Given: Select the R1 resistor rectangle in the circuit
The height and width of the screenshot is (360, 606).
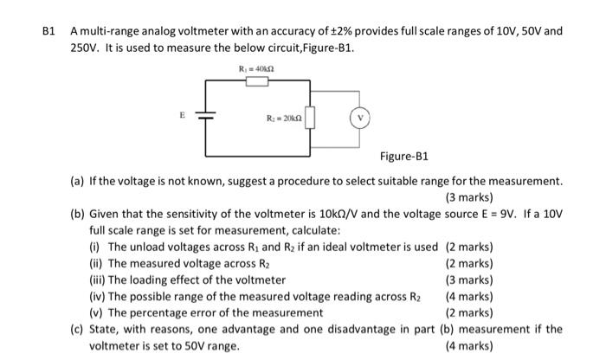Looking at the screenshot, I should click(x=258, y=82).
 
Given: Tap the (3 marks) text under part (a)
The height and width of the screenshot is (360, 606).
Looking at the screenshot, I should click(x=468, y=197).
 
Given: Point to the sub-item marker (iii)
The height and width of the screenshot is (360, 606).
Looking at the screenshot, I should click(x=97, y=280).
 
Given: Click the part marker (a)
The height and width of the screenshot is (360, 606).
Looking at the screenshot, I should click(x=78, y=181).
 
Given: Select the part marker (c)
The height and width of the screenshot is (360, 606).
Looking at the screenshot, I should click(x=78, y=329).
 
